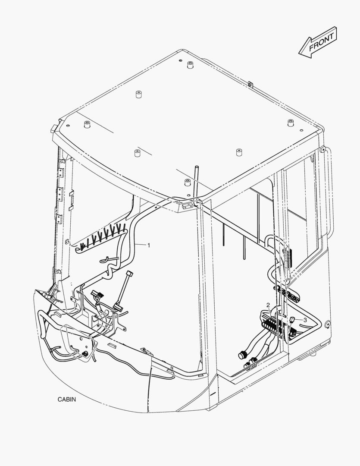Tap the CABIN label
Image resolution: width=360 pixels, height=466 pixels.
(x=67, y=399)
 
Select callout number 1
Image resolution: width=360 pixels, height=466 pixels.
(x=149, y=246)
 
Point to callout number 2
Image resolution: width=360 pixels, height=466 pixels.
(x=268, y=305)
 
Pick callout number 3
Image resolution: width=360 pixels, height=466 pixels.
(x=305, y=320)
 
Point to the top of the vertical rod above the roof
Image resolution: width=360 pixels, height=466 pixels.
(x=195, y=166)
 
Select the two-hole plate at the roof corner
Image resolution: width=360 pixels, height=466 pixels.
(x=188, y=207)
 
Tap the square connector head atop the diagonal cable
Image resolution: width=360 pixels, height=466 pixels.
(x=128, y=274)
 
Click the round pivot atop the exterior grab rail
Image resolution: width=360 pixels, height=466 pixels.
(x=322, y=149)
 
